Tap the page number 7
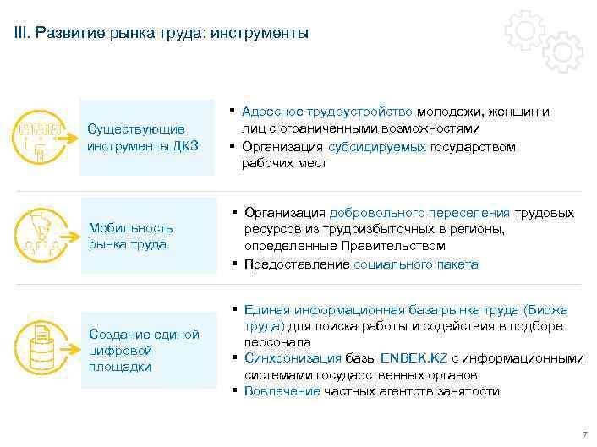tap(583, 435)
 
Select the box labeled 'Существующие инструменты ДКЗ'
tap(147, 138)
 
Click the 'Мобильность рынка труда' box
tap(148, 236)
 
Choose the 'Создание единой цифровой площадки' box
tap(148, 350)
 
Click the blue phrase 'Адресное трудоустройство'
tap(327, 112)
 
